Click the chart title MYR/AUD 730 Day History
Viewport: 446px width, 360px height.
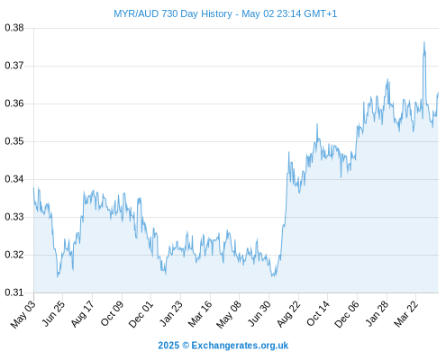[173, 13]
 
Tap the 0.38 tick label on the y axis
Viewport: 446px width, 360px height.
[14, 28]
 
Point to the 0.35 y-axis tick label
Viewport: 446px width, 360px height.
[14, 141]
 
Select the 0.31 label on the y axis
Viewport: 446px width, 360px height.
[14, 292]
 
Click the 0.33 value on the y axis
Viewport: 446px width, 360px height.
[14, 217]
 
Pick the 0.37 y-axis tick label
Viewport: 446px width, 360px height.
[14, 66]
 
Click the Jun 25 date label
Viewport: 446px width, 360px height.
[52, 313]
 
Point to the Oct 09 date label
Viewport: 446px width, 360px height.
[112, 313]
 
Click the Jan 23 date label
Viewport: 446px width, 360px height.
[170, 313]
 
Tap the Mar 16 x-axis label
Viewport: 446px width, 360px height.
[200, 313]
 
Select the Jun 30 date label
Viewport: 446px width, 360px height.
[259, 313]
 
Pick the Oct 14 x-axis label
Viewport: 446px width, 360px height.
[317, 313]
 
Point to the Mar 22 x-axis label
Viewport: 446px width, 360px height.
[405, 313]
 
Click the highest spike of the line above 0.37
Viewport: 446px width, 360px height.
[424, 42]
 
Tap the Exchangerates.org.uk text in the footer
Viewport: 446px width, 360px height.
[240, 346]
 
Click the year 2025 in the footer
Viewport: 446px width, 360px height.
[168, 346]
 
